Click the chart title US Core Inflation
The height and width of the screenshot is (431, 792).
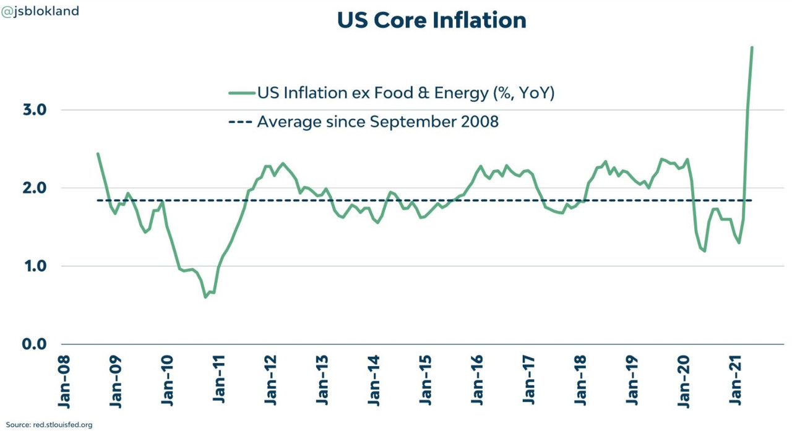coord(431,20)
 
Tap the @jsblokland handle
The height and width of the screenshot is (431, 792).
coord(40,11)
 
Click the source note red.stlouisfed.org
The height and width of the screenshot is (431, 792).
coord(49,425)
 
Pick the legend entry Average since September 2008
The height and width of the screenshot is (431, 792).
coord(377,121)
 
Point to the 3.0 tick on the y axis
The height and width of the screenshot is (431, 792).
coord(35,110)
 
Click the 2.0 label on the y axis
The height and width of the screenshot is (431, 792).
coord(35,188)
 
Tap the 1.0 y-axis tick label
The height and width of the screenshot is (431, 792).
coord(35,266)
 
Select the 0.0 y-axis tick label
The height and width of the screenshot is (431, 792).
coord(35,344)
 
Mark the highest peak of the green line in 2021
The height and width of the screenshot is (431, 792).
coord(752,48)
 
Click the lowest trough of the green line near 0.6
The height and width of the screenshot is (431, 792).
coord(205,297)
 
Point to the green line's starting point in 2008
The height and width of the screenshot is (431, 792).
coord(98,154)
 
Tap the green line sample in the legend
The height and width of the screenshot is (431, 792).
coord(241,93)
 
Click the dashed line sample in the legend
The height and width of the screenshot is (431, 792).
coord(241,122)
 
